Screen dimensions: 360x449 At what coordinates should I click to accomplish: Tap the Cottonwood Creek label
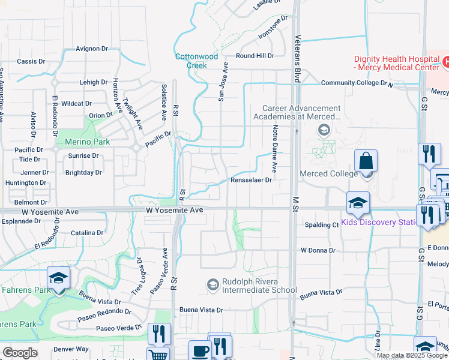[x=196, y=61]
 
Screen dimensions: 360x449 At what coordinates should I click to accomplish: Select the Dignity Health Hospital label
[x=396, y=63]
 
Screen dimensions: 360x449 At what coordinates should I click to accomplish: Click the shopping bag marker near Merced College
[x=366, y=161]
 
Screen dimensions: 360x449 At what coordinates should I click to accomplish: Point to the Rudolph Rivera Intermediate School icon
[x=212, y=284]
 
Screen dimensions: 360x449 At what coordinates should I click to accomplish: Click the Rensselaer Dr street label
[x=252, y=179]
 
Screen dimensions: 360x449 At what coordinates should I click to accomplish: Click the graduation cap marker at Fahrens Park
[x=58, y=278]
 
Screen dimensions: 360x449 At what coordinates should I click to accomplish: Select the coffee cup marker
[x=199, y=351]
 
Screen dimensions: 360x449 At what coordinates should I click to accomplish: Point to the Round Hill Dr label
[x=255, y=56]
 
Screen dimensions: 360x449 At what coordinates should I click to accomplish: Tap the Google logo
[x=20, y=352]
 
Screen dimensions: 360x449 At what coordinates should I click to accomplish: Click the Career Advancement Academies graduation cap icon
[x=324, y=130]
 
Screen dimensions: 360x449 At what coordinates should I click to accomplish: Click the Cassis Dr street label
[x=31, y=61]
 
